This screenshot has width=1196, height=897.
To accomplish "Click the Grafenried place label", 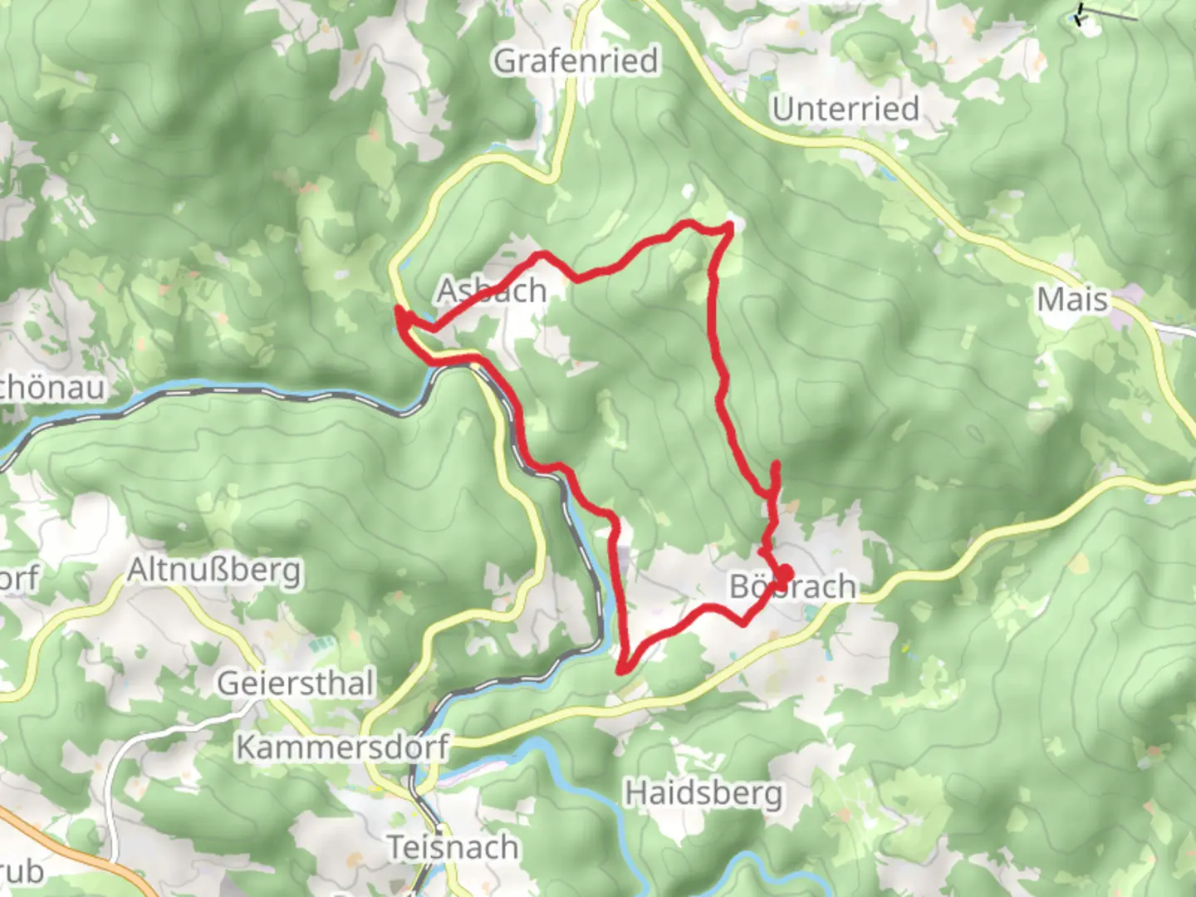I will point(576,61).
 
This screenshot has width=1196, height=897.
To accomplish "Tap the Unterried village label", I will point(846,109).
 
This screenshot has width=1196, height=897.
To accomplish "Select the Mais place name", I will point(1072,299).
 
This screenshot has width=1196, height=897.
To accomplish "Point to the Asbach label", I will point(492,291).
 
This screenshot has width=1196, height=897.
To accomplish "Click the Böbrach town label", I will point(792,587).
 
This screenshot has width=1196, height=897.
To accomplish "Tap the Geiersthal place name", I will point(296,684).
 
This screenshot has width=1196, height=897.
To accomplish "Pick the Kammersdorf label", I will point(342,747).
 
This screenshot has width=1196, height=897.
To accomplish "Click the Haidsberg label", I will point(703,792).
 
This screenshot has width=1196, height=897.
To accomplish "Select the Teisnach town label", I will point(453,848).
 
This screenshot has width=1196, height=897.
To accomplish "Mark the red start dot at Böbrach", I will point(782,573).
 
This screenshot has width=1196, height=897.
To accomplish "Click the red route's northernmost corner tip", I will point(729,225).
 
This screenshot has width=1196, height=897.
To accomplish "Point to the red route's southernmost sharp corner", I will point(622,669).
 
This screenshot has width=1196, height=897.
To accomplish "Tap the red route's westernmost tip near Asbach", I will point(399,311).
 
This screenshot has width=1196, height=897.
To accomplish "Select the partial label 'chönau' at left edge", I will point(51,387).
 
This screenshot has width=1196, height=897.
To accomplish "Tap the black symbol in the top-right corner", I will point(1082,15).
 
